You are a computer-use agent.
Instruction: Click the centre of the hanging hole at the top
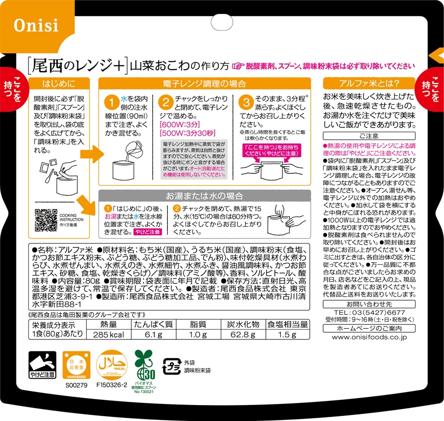[x=222, y=23]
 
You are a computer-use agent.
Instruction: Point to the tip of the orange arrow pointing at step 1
[x=104, y=154]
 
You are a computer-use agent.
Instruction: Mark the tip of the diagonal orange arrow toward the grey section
[x=95, y=215]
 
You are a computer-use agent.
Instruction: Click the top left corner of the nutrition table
[x=29, y=320]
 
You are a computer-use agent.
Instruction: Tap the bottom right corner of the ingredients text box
[x=310, y=310]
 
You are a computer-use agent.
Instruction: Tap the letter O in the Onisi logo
[x=20, y=25]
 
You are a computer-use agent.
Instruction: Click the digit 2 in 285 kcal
[x=96, y=335]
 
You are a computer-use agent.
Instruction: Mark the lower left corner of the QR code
[x=35, y=232]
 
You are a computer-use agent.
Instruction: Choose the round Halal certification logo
[x=112, y=365]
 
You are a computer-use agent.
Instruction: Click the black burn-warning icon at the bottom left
[x=42, y=365]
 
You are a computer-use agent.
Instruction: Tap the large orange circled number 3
[x=246, y=102]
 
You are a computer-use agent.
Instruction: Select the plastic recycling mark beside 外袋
[x=172, y=366]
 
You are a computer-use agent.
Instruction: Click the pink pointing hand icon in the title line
[x=238, y=66]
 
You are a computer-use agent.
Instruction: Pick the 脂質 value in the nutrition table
[x=198, y=335]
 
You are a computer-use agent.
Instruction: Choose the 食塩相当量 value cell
[x=287, y=335]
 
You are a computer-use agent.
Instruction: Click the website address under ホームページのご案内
[x=369, y=337]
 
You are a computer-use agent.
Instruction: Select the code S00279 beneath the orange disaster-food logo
[x=76, y=385]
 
